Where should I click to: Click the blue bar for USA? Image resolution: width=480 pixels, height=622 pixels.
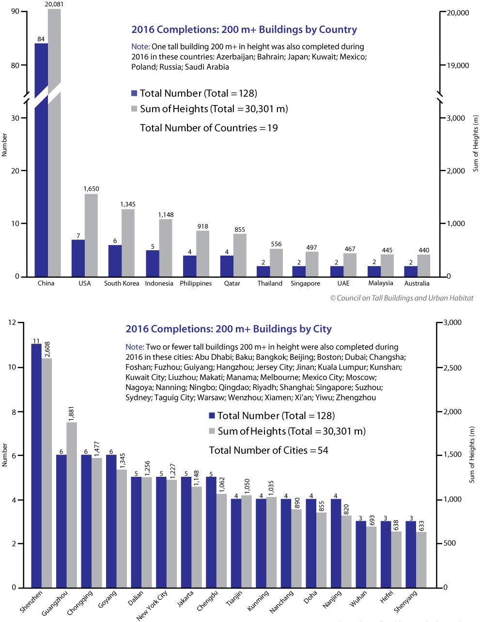pyautogui.click(x=78, y=258)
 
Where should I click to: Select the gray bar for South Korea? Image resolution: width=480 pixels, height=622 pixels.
pyautogui.click(x=128, y=243)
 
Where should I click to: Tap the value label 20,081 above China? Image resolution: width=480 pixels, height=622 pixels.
pyautogui.click(x=54, y=4)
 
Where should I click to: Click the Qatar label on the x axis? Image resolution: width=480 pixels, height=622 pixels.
pyautogui.click(x=232, y=283)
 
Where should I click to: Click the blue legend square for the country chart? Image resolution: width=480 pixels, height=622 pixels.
pyautogui.click(x=134, y=93)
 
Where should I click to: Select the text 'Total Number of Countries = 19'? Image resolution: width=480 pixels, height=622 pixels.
pyautogui.click(x=209, y=128)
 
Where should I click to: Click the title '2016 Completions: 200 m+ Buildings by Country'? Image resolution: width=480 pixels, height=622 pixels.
pyautogui.click(x=244, y=30)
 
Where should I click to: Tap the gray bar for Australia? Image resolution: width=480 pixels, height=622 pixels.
pyautogui.click(x=424, y=266)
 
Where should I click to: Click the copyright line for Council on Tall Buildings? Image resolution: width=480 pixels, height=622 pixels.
pyautogui.click(x=402, y=298)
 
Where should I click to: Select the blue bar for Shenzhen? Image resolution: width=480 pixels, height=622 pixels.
pyautogui.click(x=36, y=466)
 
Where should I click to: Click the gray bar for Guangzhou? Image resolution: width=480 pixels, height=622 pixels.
pyautogui.click(x=72, y=505)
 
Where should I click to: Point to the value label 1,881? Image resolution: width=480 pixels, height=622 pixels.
pyautogui.click(x=71, y=413)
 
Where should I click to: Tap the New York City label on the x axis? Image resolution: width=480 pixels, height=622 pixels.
pyautogui.click(x=152, y=606)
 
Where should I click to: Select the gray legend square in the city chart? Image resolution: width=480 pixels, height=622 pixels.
pyautogui.click(x=212, y=431)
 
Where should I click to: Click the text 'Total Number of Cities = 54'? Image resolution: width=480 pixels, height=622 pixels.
pyautogui.click(x=268, y=450)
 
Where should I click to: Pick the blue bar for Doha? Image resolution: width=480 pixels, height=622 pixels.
pyautogui.click(x=311, y=543)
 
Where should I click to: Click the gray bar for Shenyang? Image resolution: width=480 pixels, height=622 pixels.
pyautogui.click(x=421, y=560)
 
